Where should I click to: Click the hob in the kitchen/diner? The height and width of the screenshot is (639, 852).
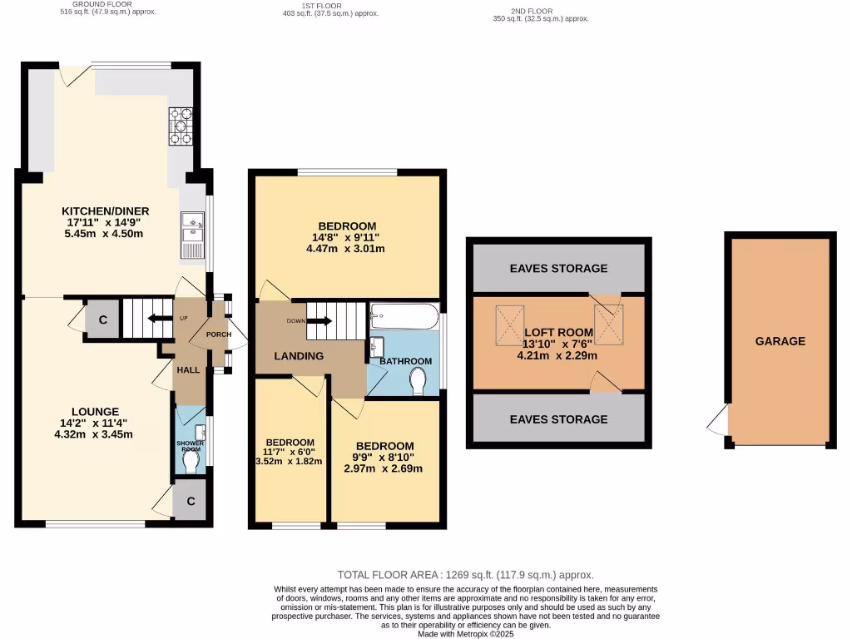tap(181, 127)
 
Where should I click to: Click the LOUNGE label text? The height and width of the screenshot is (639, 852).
tap(94, 411)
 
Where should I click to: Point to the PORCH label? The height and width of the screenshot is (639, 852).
tap(218, 334)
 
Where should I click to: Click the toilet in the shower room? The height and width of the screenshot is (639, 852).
tap(191, 461)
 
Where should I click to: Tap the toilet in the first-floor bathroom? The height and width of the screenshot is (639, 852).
tap(419, 381)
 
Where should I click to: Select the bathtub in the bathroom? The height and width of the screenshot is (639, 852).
tap(404, 316)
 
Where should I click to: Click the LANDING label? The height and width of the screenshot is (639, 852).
tap(300, 356)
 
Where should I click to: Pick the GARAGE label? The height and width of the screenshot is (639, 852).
tap(780, 341)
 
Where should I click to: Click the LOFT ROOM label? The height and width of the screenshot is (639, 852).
tap(557, 332)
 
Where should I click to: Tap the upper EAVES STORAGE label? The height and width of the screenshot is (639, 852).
tap(558, 268)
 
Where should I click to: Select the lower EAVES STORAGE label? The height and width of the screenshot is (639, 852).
tap(558, 419)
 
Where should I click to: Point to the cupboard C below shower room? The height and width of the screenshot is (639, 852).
tap(191, 501)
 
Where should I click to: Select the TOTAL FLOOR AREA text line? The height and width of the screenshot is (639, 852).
tap(465, 575)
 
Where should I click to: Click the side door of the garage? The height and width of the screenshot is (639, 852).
tap(716, 422)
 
